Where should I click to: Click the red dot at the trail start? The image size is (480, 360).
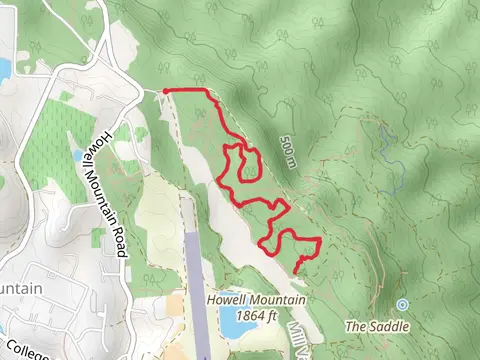(164, 91)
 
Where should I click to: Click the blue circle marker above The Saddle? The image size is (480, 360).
(403, 303)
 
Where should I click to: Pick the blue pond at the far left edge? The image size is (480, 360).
(3, 68)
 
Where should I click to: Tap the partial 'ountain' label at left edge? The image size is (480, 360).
(20, 288)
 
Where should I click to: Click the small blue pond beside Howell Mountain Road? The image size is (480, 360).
(77, 156)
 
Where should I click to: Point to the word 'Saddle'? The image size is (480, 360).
(386, 326)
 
